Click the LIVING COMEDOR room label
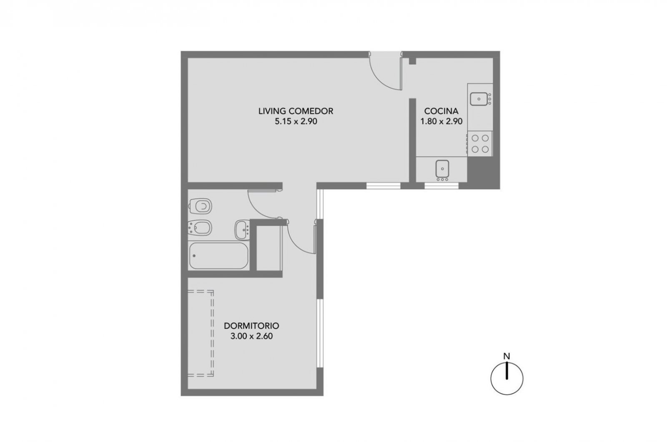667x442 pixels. pyautogui.click(x=296, y=111)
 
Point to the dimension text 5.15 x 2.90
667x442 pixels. pyautogui.click(x=296, y=121)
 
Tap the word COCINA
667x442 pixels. pyautogui.click(x=441, y=111)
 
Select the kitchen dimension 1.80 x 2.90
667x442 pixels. pyautogui.click(x=441, y=121)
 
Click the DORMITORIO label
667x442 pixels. pyautogui.click(x=252, y=326)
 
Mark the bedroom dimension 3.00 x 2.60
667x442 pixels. pyautogui.click(x=252, y=336)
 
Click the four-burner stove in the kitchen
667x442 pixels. pyautogui.click(x=480, y=143)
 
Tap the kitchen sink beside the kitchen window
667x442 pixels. pyautogui.click(x=442, y=170)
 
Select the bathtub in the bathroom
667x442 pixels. pyautogui.click(x=218, y=256)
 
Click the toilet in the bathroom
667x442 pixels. pyautogui.click(x=200, y=206)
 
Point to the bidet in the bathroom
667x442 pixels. pyautogui.click(x=200, y=228)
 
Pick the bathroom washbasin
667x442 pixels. pyautogui.click(x=242, y=230)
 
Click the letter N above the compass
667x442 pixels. pyautogui.click(x=507, y=356)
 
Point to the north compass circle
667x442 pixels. pyautogui.click(x=491, y=379)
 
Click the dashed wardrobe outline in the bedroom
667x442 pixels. pyautogui.click(x=212, y=334)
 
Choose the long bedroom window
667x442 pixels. pyautogui.click(x=319, y=333)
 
